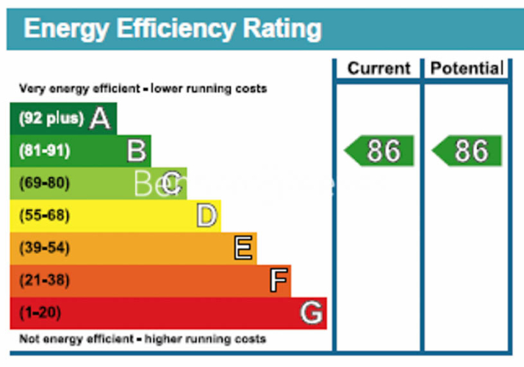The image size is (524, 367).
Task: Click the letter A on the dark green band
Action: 100,118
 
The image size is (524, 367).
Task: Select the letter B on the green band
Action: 136,150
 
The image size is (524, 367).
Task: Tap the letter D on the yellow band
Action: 207,215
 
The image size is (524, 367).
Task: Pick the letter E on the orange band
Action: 243,248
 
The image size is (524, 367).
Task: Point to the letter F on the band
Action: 278,280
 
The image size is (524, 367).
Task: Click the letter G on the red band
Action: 312,313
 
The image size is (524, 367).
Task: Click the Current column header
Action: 378,69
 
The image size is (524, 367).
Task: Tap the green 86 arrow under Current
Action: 380,150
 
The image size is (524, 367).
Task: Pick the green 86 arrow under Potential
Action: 467,150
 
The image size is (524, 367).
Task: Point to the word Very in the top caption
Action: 32,89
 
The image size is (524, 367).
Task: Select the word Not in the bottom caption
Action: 29,339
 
